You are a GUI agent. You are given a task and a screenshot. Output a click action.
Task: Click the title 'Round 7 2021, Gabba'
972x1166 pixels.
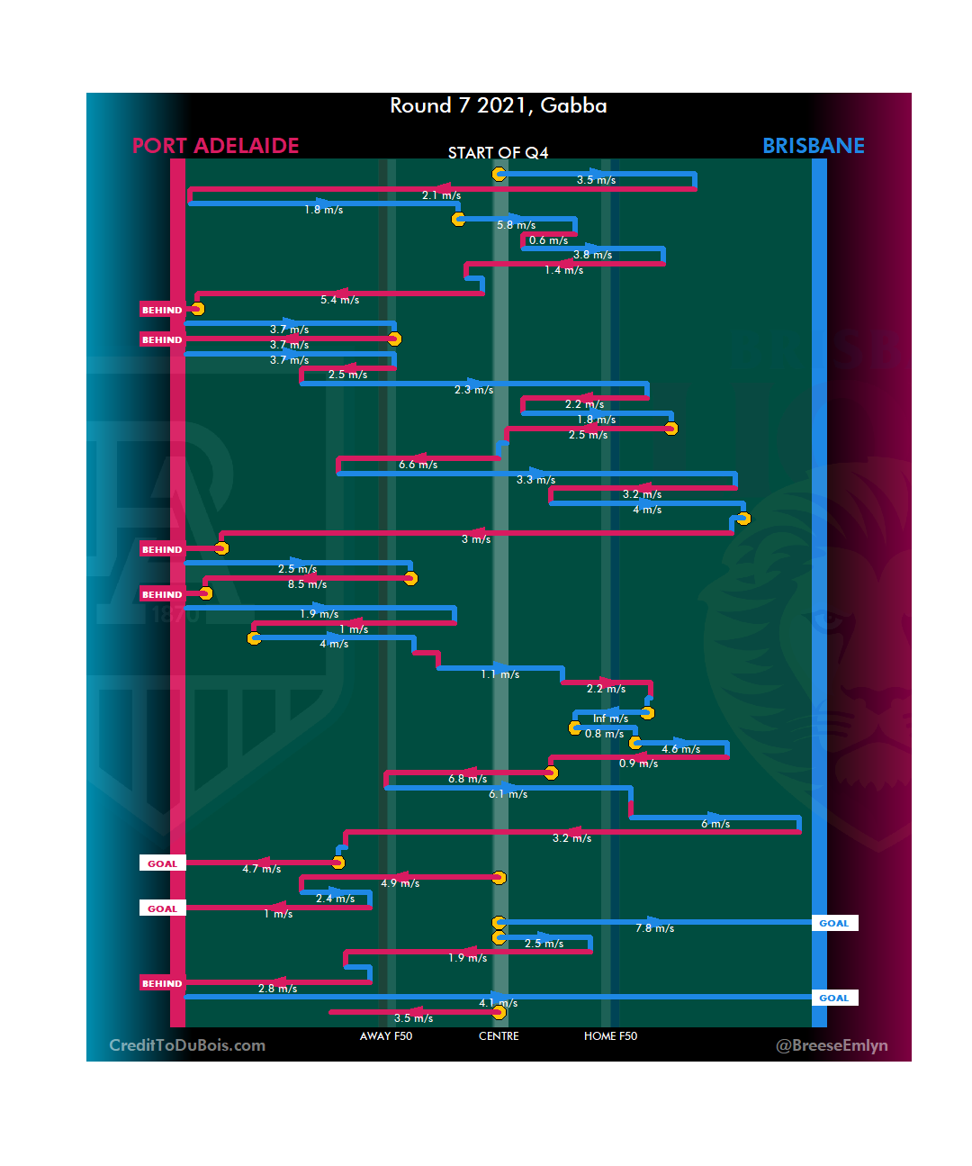[x=498, y=105]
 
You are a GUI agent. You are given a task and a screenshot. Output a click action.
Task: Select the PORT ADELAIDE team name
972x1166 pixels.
[x=215, y=146]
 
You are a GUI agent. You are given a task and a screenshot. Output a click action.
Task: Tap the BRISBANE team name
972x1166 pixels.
[x=813, y=146]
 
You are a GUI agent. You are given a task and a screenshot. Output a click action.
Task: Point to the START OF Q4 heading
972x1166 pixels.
[x=498, y=153]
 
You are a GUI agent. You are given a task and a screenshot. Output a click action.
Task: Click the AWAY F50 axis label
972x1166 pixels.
[x=385, y=1036]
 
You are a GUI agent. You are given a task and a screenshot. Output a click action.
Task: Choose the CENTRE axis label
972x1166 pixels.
[x=499, y=1036]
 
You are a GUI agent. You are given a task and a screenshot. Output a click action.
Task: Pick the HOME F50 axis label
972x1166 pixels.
[x=610, y=1036]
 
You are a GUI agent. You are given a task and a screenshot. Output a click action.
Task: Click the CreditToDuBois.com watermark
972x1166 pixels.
[x=187, y=1045]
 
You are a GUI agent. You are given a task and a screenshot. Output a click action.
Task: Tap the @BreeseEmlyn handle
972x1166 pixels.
[x=832, y=1045]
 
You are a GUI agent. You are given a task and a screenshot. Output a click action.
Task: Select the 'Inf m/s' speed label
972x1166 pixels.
[x=610, y=719]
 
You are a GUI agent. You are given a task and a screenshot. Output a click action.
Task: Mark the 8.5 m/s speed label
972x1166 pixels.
[x=307, y=584]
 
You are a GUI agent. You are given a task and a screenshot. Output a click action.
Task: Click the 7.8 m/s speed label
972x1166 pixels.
[x=654, y=928]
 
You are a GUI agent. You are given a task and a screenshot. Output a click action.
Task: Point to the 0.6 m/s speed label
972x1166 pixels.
[x=548, y=240]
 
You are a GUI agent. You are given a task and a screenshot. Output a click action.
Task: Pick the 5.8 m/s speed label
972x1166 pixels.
[x=516, y=225]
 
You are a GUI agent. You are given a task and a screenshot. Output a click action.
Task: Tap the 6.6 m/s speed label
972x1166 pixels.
[x=418, y=465]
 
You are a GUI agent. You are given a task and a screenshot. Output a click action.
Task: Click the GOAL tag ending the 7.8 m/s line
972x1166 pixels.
[x=834, y=923]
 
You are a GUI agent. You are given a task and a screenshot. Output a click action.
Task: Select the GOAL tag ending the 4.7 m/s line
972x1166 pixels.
[x=162, y=863]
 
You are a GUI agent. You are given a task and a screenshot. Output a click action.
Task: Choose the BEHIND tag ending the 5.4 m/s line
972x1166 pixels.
[x=162, y=310]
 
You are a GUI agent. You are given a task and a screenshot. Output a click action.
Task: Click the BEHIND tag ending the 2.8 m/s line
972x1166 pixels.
[x=162, y=983]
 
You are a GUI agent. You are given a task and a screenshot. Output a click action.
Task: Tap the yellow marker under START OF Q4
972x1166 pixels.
[x=499, y=174]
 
